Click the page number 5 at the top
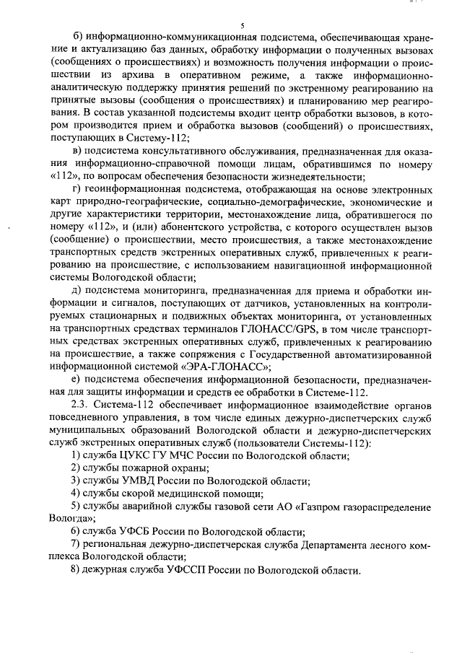pyautogui.click(x=232, y=25)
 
